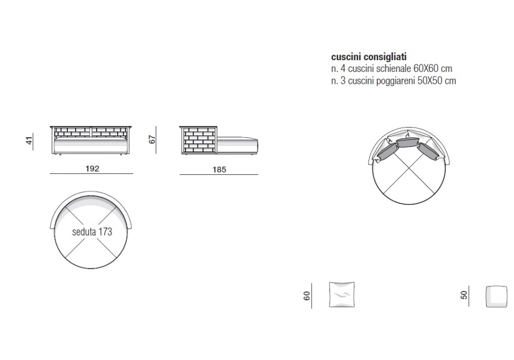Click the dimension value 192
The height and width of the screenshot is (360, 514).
click(92, 169)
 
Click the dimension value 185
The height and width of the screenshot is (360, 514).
click(219, 170)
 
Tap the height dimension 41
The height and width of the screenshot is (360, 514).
click(29, 140)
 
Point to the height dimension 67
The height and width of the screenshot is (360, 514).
click(152, 139)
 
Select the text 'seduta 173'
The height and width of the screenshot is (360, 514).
click(92, 232)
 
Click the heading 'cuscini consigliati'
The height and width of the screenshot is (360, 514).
click(369, 57)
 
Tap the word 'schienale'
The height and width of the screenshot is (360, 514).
click(394, 68)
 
